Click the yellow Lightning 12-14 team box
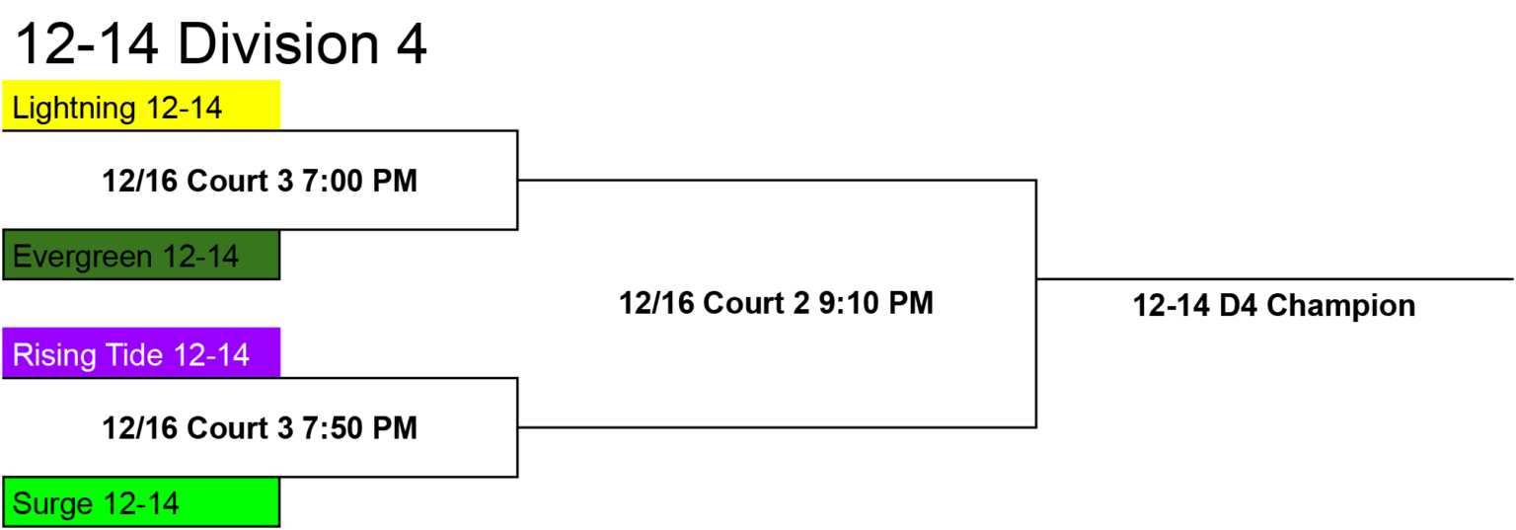click(141, 105)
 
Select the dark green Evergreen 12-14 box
click(141, 255)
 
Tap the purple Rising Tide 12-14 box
click(141, 352)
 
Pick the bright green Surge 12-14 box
click(141, 502)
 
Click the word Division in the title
click(278, 44)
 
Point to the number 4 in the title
click(412, 44)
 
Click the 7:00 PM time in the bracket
click(359, 181)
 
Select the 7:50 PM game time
click(359, 427)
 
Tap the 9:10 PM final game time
click(876, 303)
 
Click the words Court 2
click(756, 303)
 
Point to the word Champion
click(1340, 306)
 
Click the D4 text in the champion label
click(1238, 305)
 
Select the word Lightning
click(74, 109)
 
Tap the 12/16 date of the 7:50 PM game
click(140, 427)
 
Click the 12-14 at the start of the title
click(87, 44)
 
